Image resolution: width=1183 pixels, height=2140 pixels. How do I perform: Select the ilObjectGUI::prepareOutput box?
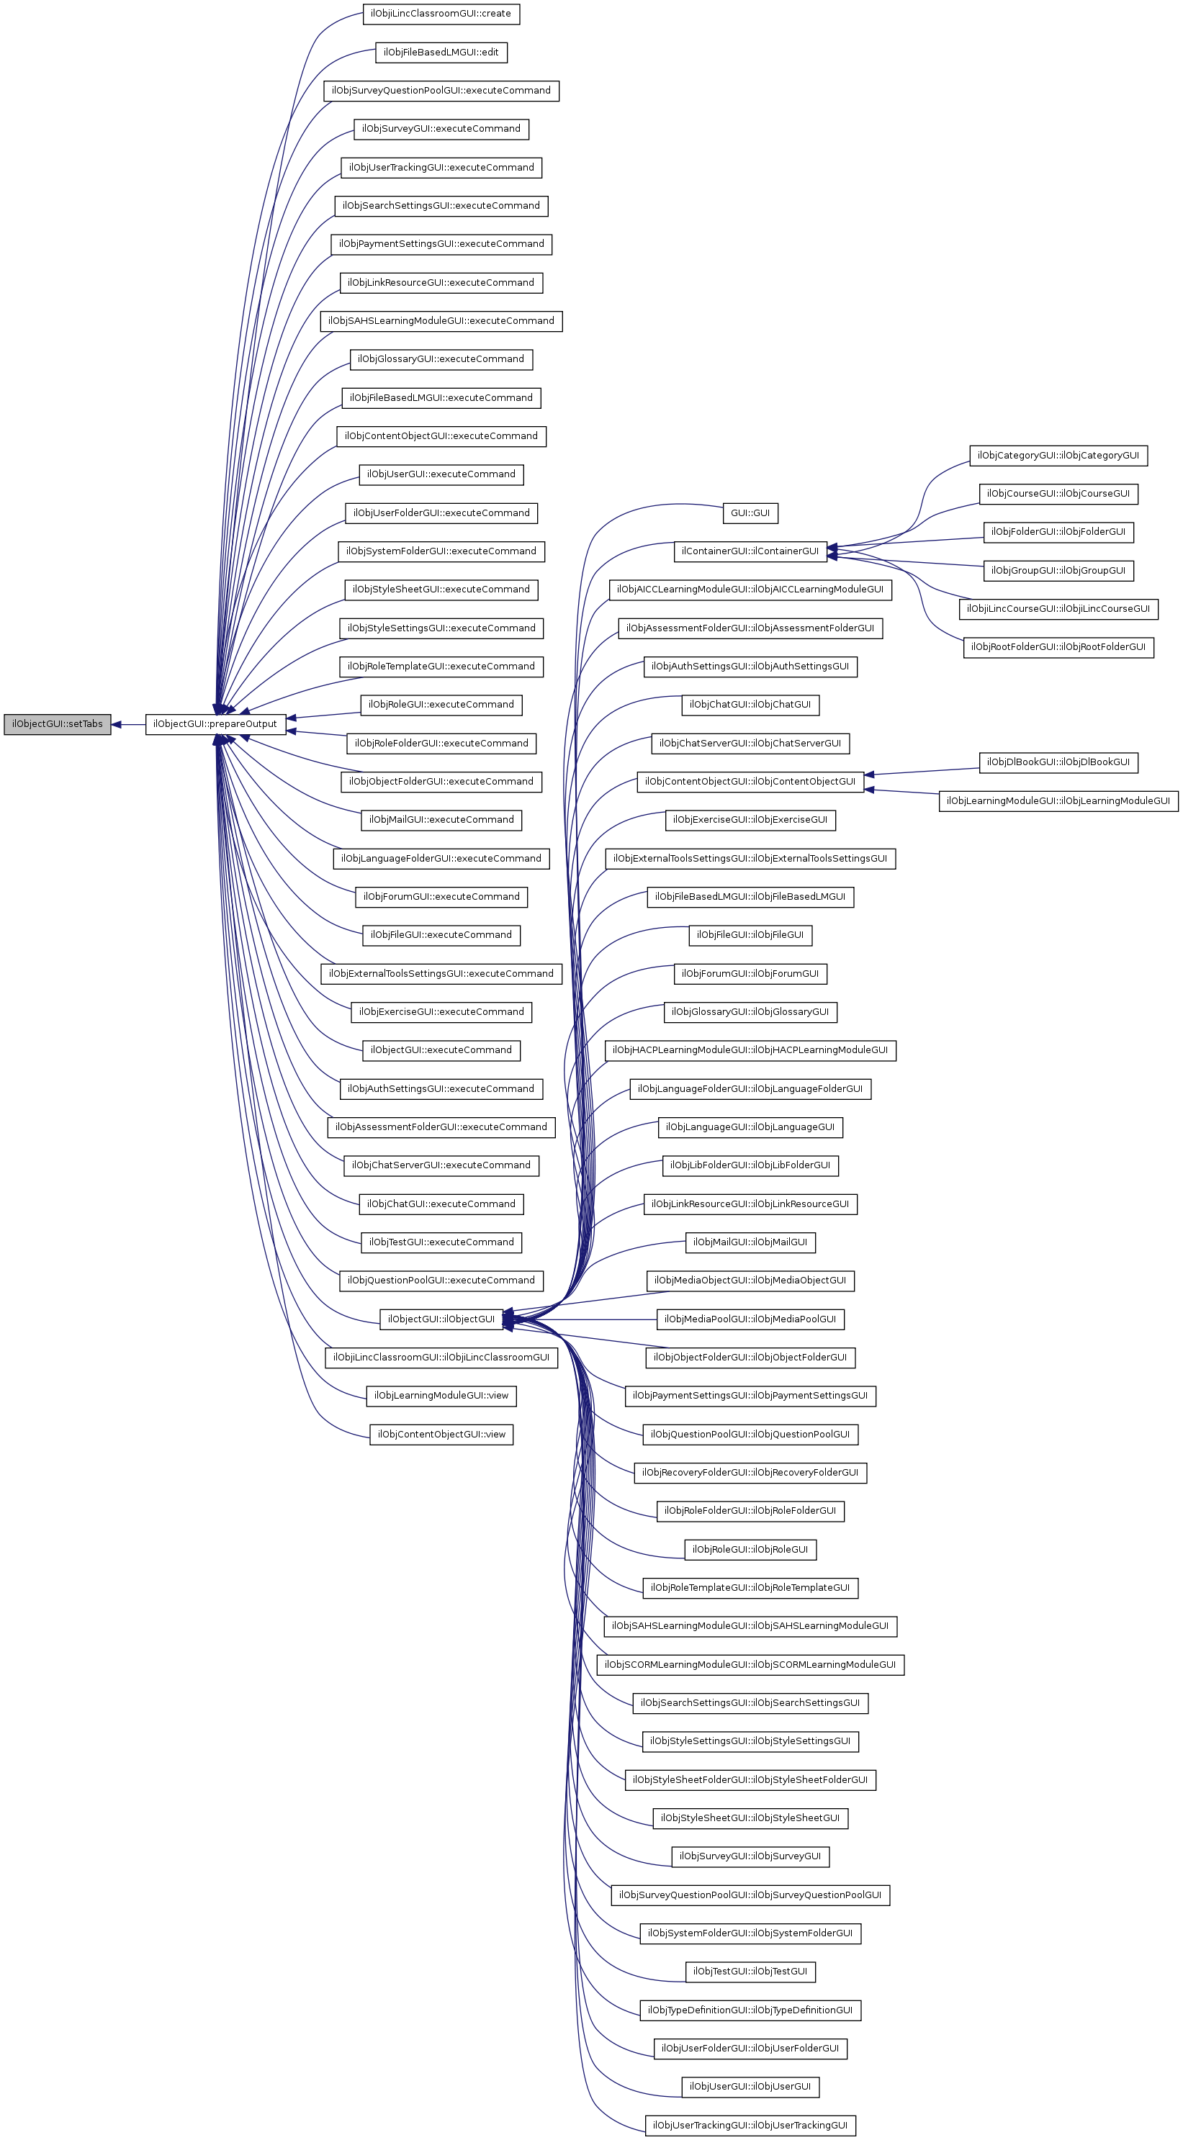coord(216,724)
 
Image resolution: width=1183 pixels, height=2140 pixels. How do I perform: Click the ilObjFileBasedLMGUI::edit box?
coord(441,53)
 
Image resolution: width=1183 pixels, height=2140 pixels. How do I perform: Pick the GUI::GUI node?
coord(750,513)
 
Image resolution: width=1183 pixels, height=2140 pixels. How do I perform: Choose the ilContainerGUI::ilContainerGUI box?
coord(750,551)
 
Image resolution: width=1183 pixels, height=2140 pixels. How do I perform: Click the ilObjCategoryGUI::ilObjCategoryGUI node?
coord(1058,455)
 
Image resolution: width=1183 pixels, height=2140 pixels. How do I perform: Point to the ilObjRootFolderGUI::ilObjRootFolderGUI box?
coord(1058,647)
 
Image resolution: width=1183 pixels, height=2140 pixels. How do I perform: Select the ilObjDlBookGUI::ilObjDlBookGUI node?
coord(1058,762)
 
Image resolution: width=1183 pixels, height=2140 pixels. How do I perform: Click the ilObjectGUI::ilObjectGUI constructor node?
coord(441,1319)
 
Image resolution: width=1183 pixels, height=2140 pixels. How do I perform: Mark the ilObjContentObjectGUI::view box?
coord(441,1435)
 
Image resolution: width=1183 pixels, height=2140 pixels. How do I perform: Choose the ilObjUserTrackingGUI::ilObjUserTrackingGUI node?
coord(750,2126)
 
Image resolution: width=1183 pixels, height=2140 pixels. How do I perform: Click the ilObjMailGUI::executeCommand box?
coord(441,820)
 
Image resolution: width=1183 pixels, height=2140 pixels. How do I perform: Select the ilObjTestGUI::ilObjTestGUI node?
coord(750,1972)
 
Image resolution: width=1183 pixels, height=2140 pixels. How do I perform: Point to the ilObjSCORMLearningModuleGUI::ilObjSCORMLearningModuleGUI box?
coord(750,1665)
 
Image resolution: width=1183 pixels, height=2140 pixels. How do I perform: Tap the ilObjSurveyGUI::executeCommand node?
coord(441,129)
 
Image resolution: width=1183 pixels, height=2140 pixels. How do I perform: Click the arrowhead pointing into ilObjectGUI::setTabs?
coord(117,724)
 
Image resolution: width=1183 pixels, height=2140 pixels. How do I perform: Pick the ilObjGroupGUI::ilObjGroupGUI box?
coord(1058,571)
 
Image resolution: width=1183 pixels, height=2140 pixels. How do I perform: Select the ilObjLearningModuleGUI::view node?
coord(441,1396)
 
